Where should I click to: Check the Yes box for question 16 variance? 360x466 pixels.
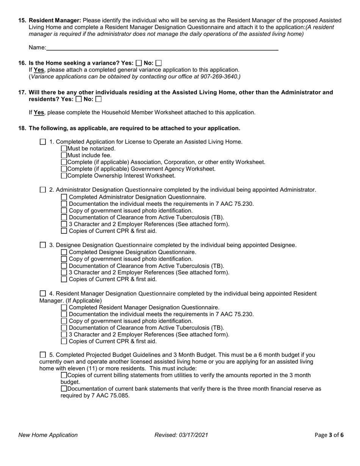coord(139,63)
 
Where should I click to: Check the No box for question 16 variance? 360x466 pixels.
coord(158,63)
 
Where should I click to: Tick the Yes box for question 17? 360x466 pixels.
coord(78,99)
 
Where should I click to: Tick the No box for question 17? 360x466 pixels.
coord(99,99)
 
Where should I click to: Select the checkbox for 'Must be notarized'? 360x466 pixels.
coord(64,149)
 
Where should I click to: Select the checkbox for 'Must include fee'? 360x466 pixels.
coord(64,155)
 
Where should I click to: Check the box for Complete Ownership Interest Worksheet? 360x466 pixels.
coord(64,176)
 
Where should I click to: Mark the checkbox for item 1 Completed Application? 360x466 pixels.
coord(43,142)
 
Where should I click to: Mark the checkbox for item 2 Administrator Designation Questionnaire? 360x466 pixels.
coord(43,190)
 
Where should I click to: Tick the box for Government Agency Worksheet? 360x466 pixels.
coord(64,169)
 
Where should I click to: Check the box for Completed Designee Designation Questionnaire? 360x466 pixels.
coord(64,252)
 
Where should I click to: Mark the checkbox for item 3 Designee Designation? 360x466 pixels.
coord(43,245)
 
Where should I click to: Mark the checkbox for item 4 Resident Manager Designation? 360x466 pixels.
coord(43,294)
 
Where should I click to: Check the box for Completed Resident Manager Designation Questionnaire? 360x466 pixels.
coord(64,308)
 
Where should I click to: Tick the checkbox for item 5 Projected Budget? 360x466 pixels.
coord(43,355)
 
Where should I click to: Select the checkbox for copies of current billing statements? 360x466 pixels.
coord(64,375)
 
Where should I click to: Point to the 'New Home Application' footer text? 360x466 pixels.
coord(48,435)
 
